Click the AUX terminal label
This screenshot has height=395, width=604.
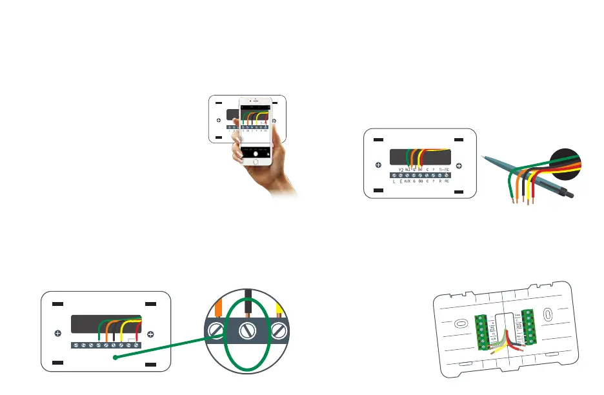407,182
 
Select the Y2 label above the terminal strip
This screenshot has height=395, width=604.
401,170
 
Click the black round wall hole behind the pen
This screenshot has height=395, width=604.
569,161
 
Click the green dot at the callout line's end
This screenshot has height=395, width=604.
115,357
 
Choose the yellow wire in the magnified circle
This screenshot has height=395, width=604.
279,309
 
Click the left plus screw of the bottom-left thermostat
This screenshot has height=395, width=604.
57,334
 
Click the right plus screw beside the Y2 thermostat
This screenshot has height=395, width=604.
458,165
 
